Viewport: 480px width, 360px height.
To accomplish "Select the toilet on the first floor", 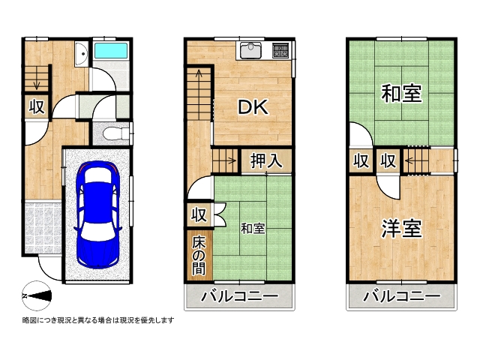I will [111, 133].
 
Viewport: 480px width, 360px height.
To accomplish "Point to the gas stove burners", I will [281, 50].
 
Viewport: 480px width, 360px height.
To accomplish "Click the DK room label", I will [253, 107].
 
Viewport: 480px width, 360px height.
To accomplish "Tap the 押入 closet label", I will [265, 160].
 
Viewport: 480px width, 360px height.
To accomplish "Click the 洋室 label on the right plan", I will [401, 229].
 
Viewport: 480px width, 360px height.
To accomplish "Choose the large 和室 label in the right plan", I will [401, 94].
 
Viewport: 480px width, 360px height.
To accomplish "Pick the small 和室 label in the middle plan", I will [253, 227].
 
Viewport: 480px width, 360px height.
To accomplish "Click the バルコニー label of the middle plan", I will [239, 297].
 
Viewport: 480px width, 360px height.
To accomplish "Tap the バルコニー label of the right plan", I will [402, 297].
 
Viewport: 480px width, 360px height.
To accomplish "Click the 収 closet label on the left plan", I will [36, 107].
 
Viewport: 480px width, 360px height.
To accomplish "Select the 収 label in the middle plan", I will [198, 215].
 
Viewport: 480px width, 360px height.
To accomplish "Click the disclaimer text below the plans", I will [98, 321].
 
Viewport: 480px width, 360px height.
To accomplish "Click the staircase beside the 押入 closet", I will [224, 160].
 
